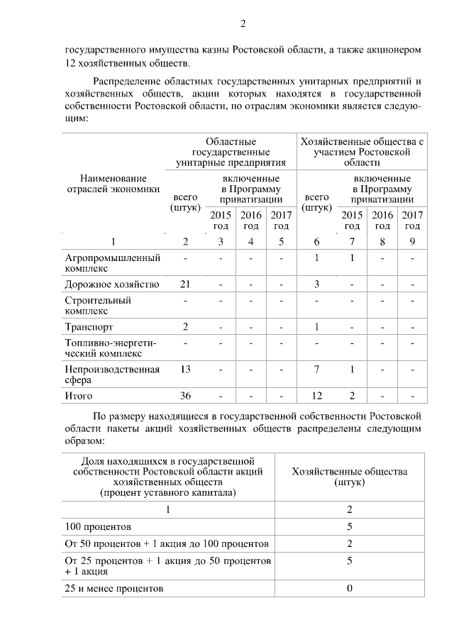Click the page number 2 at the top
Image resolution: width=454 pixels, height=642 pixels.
click(x=242, y=24)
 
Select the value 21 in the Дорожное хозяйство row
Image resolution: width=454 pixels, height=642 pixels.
click(x=185, y=284)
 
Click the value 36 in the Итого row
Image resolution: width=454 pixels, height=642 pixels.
click(x=185, y=396)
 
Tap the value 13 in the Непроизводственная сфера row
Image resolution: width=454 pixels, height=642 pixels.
click(x=185, y=369)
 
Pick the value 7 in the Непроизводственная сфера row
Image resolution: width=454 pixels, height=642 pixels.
click(x=316, y=369)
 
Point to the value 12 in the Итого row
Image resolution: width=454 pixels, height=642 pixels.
click(x=316, y=396)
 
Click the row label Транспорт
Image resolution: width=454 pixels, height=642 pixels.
click(x=89, y=327)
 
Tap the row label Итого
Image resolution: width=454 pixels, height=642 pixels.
click(x=79, y=396)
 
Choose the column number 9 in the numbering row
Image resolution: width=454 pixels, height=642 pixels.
click(x=412, y=242)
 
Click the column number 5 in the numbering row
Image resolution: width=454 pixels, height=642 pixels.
click(x=282, y=242)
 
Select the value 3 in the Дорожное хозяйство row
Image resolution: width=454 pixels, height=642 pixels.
click(x=316, y=284)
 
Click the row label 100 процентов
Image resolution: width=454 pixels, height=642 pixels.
click(x=98, y=527)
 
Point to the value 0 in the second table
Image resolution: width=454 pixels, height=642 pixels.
click(x=350, y=589)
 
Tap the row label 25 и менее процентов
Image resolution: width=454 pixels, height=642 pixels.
click(x=113, y=589)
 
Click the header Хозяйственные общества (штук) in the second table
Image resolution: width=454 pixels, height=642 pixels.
click(x=350, y=476)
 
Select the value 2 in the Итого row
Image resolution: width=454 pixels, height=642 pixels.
click(x=352, y=396)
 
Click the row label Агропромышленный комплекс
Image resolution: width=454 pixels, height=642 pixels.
click(x=112, y=263)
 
